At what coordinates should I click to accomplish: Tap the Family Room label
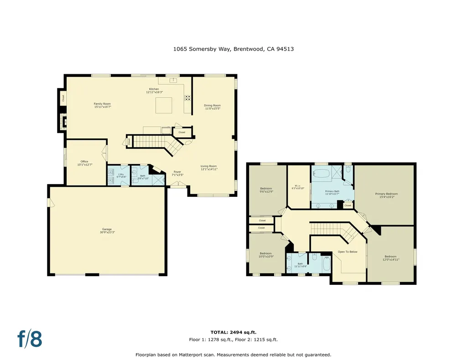pos(102,105)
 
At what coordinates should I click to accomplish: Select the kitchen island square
pos(164,105)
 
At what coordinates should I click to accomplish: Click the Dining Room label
pos(212,107)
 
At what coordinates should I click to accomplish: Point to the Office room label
pos(84,163)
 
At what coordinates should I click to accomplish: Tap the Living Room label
pos(209,167)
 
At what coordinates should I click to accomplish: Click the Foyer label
pos(177,173)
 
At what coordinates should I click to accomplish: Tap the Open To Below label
pos(347,252)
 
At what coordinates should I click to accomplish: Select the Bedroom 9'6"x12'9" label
pos(266,190)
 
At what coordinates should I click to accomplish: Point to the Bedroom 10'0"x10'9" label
pos(266,255)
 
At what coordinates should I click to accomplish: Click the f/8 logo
pos(30,339)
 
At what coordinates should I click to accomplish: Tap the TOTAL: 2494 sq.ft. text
pos(233,332)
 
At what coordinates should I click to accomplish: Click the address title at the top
pos(233,49)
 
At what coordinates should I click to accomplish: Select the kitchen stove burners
pos(187,98)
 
